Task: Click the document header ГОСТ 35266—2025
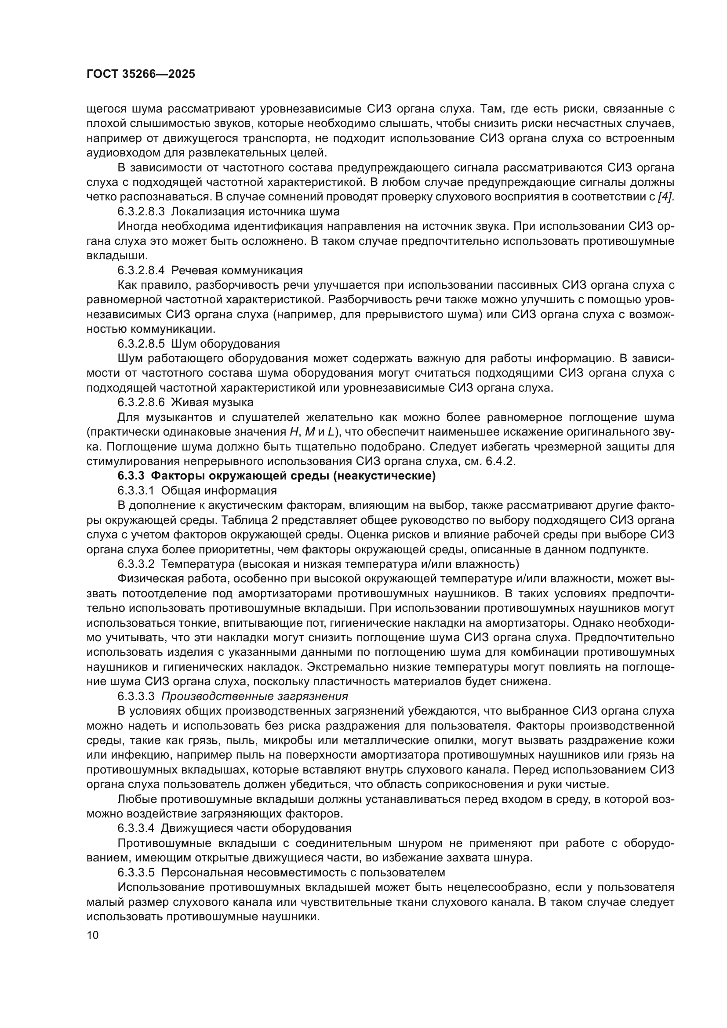141,74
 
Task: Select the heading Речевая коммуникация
237,270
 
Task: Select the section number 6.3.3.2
136,564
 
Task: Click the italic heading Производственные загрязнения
254,696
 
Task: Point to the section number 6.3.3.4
136,828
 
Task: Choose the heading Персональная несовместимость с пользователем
302,872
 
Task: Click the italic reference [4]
665,197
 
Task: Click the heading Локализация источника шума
255,211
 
